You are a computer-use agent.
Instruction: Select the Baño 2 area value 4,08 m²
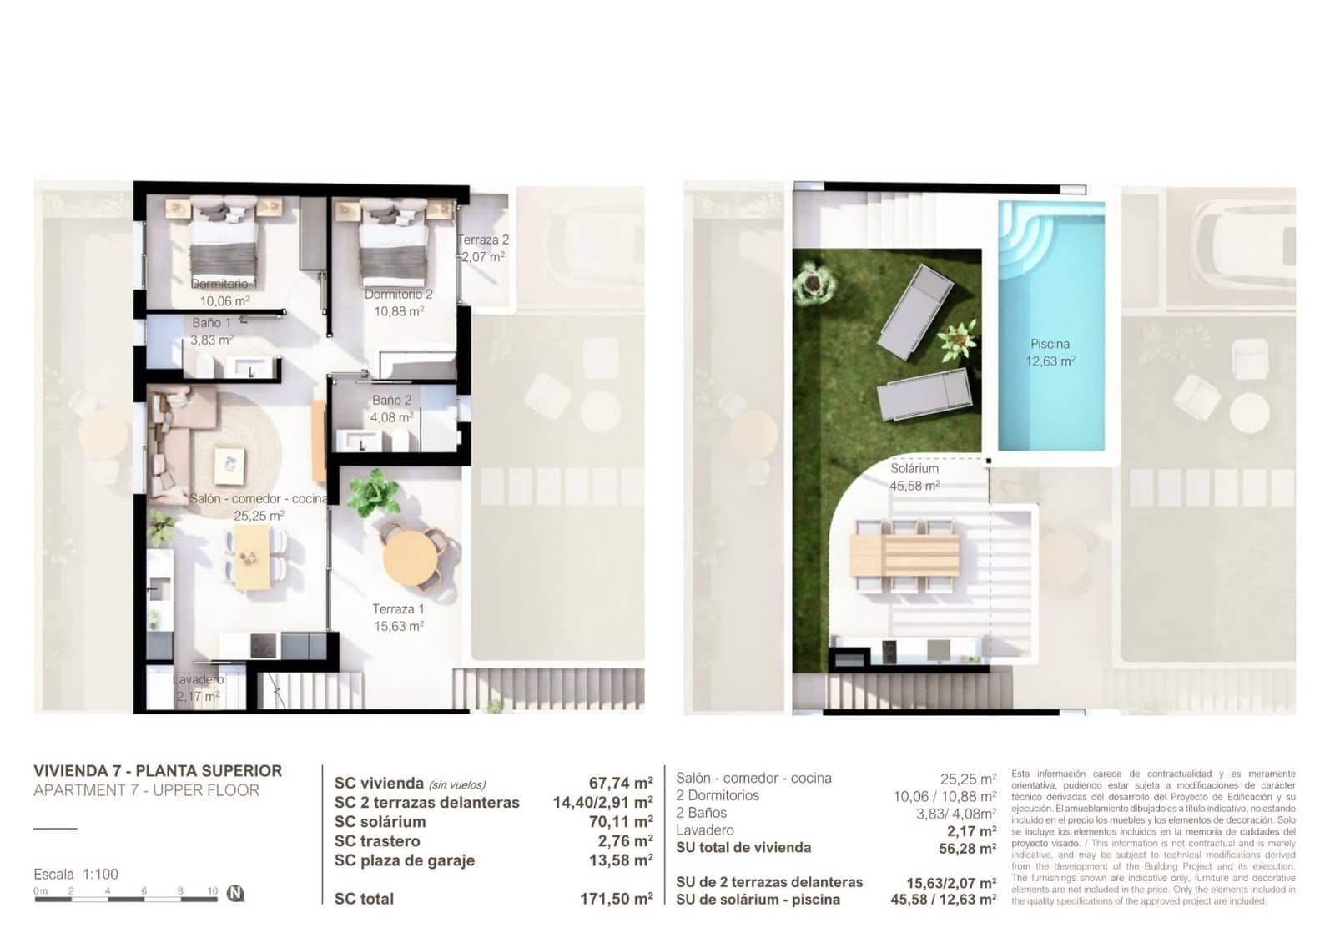(x=392, y=417)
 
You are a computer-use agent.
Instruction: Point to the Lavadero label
(x=198, y=679)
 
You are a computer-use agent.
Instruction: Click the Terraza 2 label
(x=484, y=240)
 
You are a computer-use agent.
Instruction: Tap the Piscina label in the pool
(x=1050, y=344)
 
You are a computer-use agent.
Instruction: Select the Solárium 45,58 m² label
(x=914, y=477)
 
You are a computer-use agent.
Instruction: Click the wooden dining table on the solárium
(x=904, y=555)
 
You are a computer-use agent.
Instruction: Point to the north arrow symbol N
(x=235, y=894)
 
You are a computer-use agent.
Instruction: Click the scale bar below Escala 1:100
(x=125, y=897)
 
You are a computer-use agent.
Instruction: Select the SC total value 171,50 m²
(x=616, y=899)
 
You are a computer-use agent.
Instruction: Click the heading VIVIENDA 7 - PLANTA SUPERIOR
(x=158, y=771)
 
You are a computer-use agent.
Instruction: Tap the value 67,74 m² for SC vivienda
(x=620, y=783)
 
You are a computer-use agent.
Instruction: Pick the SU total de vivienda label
(x=743, y=847)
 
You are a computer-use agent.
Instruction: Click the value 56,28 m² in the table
(x=967, y=848)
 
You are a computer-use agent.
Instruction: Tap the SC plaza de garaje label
(x=404, y=860)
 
